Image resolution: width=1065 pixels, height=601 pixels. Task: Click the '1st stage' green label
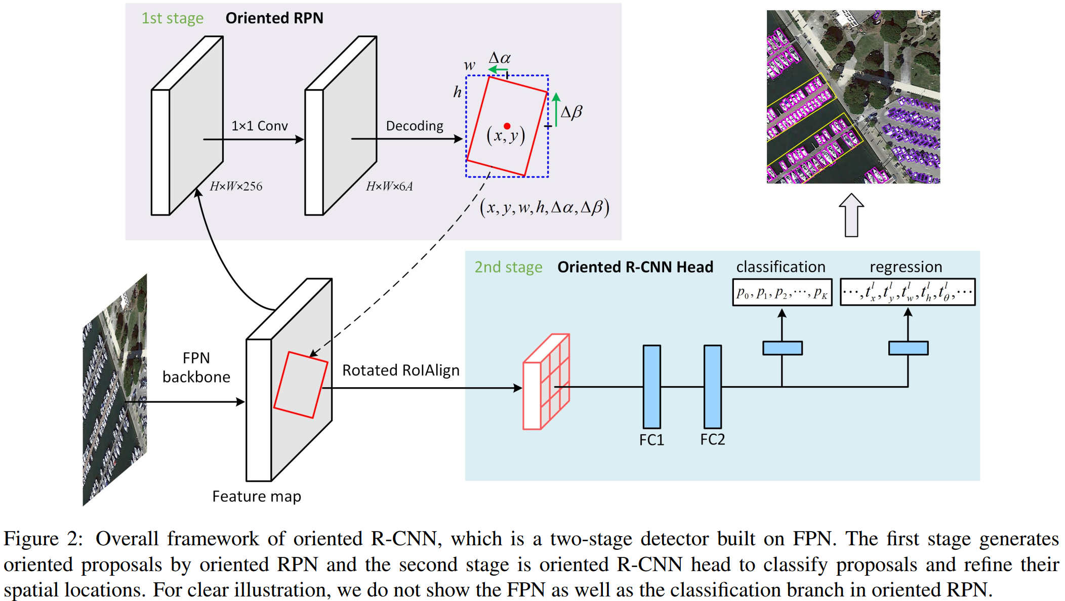(x=172, y=18)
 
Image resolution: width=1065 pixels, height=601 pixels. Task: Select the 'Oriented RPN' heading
(x=274, y=18)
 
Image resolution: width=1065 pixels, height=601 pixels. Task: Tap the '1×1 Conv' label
(x=259, y=126)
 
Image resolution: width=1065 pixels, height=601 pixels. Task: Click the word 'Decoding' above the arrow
(x=414, y=126)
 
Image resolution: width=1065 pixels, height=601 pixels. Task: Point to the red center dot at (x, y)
(x=507, y=126)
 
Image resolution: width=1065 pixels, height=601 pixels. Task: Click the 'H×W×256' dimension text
(x=236, y=186)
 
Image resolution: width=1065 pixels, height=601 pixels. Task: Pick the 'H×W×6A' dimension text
(x=389, y=186)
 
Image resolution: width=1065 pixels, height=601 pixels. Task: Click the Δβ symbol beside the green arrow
(x=571, y=111)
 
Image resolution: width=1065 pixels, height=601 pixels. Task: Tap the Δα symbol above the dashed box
(x=500, y=58)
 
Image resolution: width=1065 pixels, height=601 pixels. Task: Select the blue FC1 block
(x=651, y=387)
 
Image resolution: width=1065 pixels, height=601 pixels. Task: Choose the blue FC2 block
(x=712, y=387)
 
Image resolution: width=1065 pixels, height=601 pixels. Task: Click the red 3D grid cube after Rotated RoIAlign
(x=546, y=382)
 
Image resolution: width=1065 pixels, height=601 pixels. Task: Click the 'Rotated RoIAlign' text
(x=400, y=370)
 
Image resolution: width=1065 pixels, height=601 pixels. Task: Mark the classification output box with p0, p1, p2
(x=782, y=292)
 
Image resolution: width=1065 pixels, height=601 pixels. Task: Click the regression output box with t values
(x=907, y=292)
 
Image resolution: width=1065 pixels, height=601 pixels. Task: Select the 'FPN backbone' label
(x=196, y=367)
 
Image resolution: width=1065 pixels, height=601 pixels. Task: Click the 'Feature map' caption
(x=257, y=496)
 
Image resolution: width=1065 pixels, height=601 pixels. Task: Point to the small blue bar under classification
(x=782, y=348)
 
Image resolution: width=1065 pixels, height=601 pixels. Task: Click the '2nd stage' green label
(x=508, y=267)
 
